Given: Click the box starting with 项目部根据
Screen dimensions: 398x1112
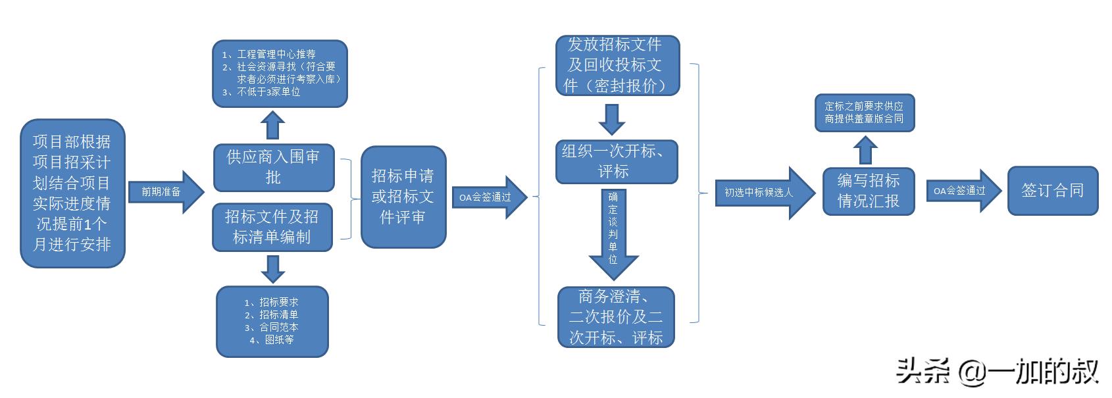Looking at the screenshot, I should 72,193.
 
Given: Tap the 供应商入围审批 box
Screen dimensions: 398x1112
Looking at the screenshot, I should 274,167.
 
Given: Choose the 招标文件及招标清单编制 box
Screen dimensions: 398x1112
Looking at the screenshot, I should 272,227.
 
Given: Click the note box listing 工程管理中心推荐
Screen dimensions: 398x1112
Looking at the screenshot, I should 280,73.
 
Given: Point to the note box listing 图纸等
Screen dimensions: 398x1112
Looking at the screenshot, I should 272,321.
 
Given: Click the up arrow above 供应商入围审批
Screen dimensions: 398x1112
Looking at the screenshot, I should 272,125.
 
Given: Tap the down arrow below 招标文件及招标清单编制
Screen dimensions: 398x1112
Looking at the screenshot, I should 272,268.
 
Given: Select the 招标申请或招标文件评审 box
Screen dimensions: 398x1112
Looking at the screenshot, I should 403,197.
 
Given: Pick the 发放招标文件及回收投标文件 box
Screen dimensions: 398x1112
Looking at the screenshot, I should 617,66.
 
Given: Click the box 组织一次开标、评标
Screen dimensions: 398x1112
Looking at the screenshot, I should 617,162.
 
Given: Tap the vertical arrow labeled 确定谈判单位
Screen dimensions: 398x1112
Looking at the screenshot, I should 613,234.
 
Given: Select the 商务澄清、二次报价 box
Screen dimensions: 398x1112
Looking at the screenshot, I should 617,317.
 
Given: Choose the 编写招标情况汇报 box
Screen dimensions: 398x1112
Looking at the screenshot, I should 869,191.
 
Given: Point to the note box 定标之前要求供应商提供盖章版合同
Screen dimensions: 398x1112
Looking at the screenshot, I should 865,112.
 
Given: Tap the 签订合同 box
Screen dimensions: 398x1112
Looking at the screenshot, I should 1053,191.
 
